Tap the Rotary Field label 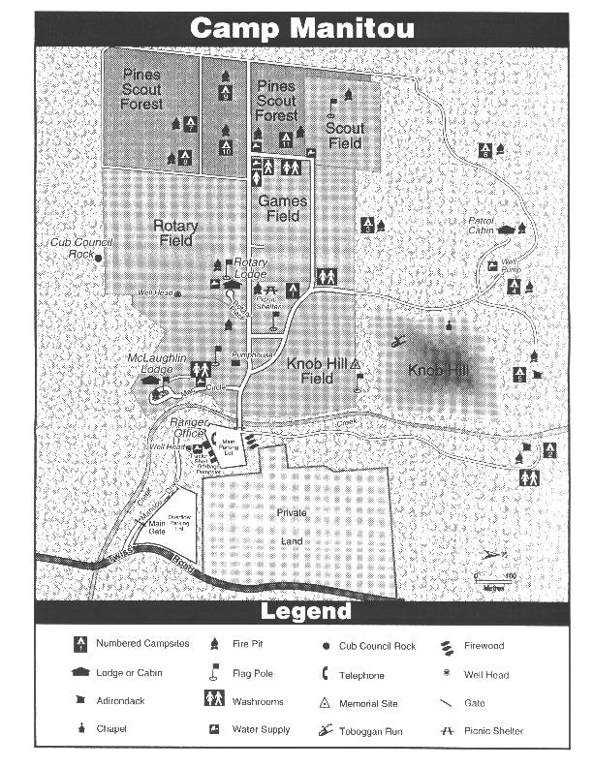[x=175, y=233]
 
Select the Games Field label [x=282, y=209]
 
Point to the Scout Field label [x=344, y=136]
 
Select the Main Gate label [x=157, y=528]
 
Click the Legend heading [x=305, y=612]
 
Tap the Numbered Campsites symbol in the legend [x=81, y=644]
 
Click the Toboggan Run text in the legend [x=371, y=731]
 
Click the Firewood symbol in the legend [x=445, y=646]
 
